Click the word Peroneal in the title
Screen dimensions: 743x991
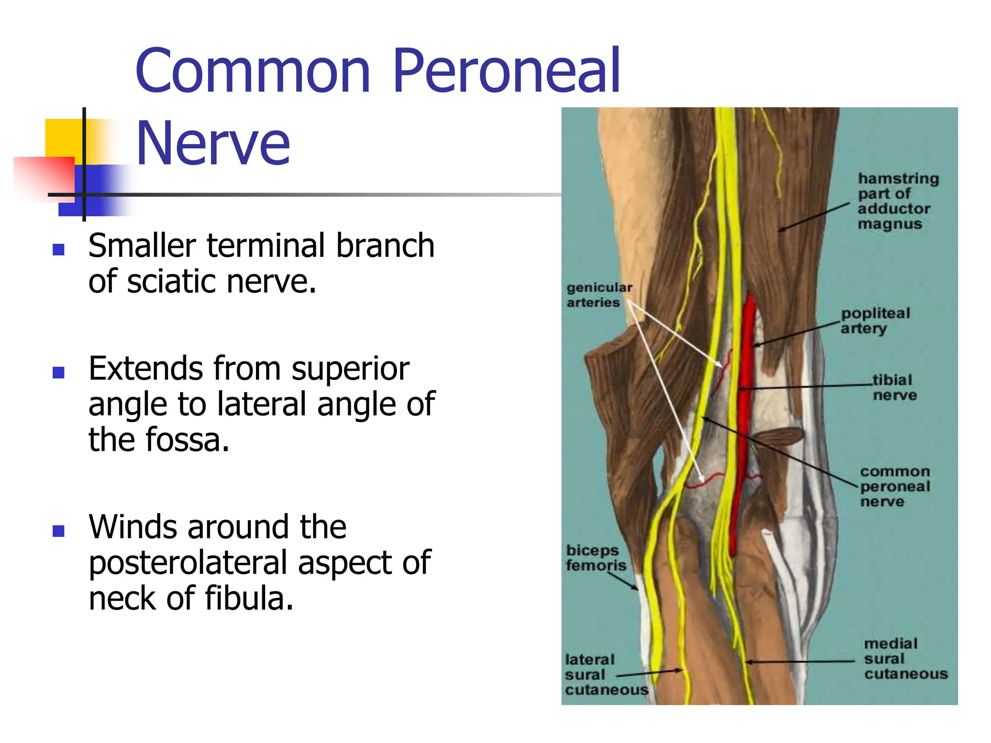pyautogui.click(x=506, y=72)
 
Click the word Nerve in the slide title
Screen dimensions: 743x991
pyautogui.click(x=213, y=144)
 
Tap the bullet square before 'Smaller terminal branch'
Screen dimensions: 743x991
pyautogui.click(x=59, y=250)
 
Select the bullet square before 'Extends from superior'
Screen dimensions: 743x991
pyautogui.click(x=59, y=372)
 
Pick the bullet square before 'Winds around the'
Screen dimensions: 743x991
pyautogui.click(x=59, y=531)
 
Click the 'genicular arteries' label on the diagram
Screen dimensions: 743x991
pyautogui.click(x=599, y=295)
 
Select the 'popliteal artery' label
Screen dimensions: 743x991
pyautogui.click(x=874, y=321)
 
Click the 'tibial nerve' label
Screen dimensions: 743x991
pyautogui.click(x=894, y=387)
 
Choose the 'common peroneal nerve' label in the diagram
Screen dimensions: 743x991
pyautogui.click(x=894, y=486)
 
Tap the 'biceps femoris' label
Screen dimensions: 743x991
pyautogui.click(x=596, y=558)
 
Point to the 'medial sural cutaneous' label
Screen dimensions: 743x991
pyautogui.click(x=904, y=658)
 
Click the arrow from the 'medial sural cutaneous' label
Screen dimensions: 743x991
pyautogui.click(x=798, y=661)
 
